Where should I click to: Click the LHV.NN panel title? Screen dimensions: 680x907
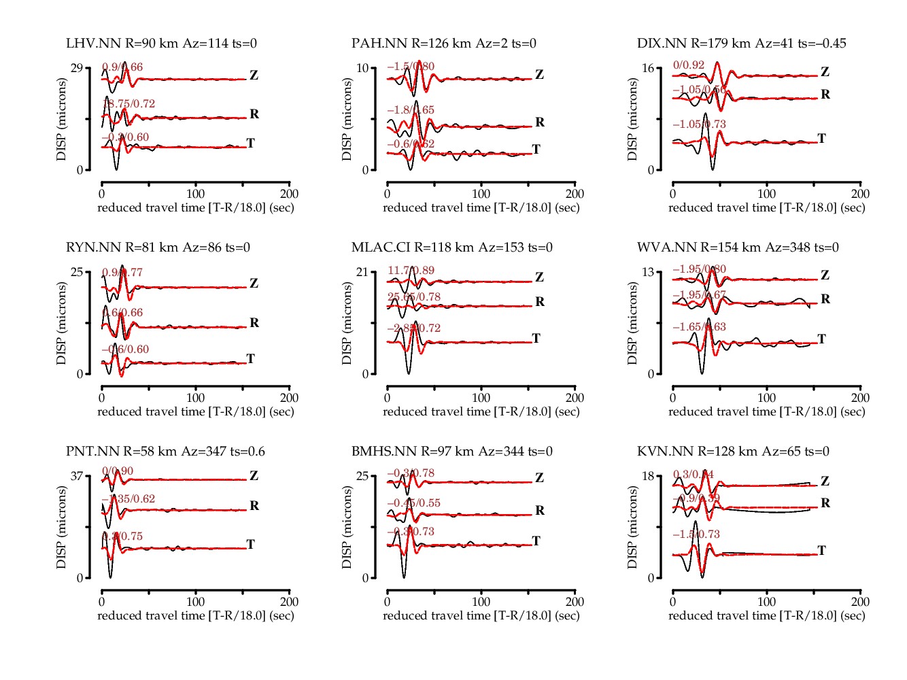[161, 44]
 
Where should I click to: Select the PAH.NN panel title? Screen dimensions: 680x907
[443, 44]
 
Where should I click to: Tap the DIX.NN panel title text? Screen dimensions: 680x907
[741, 44]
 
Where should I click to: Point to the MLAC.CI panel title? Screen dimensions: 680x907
[451, 248]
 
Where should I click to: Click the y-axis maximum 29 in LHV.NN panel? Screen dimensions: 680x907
[76, 68]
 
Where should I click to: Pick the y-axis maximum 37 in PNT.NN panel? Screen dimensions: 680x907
[76, 476]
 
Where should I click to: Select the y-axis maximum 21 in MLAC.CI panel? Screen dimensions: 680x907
[362, 272]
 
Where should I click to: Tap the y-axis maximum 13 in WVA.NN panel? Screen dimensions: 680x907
[647, 272]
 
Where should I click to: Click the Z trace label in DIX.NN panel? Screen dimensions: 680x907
[825, 72]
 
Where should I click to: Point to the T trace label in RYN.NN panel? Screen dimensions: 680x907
[250, 359]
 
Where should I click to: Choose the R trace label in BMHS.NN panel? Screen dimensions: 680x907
[540, 511]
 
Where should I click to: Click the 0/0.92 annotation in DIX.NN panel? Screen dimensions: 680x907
[689, 65]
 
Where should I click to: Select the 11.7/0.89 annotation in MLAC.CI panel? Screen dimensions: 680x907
[411, 271]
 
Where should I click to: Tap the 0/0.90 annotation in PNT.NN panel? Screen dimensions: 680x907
[118, 471]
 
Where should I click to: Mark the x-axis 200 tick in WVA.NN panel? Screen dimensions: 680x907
[860, 398]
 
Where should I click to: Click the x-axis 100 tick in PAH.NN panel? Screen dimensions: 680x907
[481, 194]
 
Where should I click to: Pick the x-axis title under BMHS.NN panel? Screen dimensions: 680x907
[481, 615]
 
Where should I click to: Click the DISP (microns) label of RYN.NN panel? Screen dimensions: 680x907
[62, 323]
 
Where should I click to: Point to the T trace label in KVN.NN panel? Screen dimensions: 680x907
[821, 551]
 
